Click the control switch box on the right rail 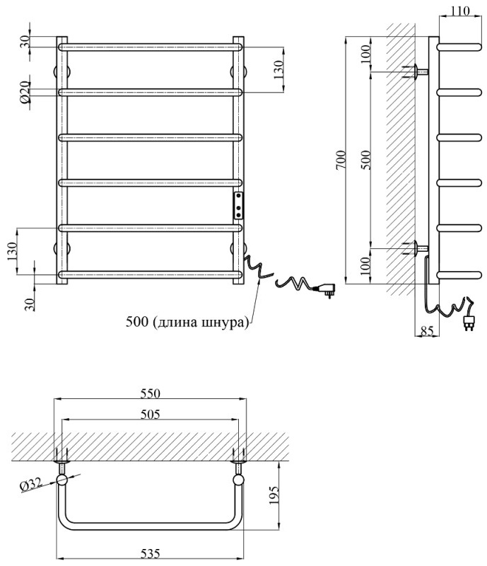point(240,204)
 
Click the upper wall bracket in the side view point(417,71)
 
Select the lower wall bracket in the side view point(417,248)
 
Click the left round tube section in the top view point(62,480)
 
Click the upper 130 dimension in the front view point(278,69)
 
